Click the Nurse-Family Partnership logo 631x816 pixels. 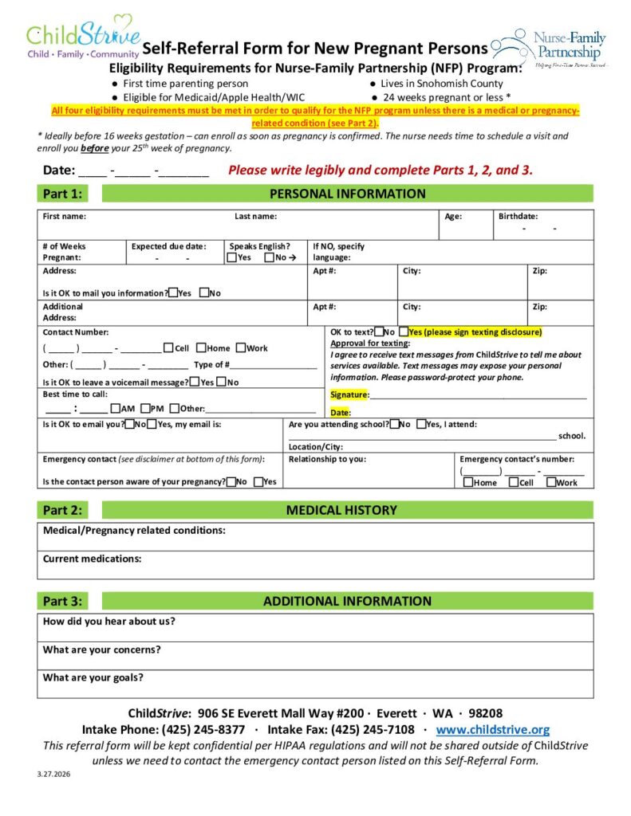tap(550, 48)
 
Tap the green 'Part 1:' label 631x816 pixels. tap(61, 194)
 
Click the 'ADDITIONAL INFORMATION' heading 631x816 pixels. tap(347, 602)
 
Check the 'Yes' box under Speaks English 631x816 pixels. tap(231, 257)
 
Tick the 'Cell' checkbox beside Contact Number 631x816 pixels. tap(168, 347)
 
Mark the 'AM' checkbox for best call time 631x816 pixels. tap(116, 408)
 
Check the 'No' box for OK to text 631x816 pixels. tap(378, 331)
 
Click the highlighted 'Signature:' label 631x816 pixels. tap(349, 395)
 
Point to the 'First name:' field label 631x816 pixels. tap(65, 216)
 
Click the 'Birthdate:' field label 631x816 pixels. tap(518, 216)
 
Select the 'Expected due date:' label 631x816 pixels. tap(168, 246)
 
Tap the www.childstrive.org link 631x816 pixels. tap(493, 729)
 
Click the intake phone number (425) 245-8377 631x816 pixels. tap(203, 729)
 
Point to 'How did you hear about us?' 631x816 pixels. tap(109, 622)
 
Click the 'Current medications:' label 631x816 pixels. tap(92, 559)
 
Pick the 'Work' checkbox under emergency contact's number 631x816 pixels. tap(550, 482)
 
